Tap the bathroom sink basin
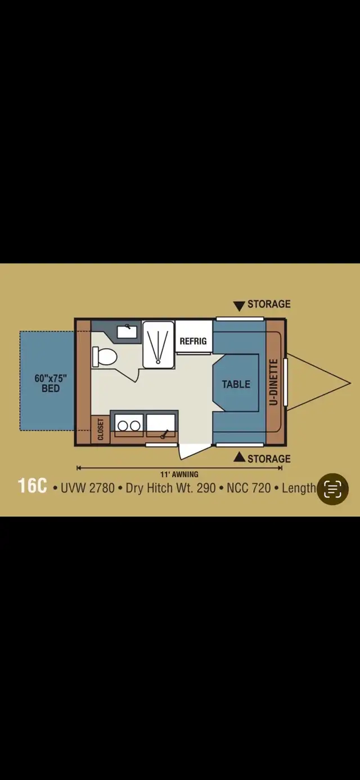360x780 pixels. coord(127,331)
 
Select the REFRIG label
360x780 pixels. coord(193,341)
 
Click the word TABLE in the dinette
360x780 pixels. coord(236,384)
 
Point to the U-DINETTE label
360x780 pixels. coord(274,382)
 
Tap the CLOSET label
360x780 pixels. coord(101,429)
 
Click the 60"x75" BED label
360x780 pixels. coord(51,383)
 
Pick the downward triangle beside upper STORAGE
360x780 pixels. coord(239,306)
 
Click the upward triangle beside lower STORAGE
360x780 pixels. coord(239,456)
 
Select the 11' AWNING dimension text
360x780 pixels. coord(179,474)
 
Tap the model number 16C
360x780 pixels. coord(32,486)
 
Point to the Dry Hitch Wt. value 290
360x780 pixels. coord(206,488)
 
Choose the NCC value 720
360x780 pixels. coord(261,488)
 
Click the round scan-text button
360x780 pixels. coord(332,489)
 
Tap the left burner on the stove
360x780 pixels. coord(123,425)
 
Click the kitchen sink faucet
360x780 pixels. coord(164,434)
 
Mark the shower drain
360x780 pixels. coord(159,362)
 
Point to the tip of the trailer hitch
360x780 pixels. coord(350,383)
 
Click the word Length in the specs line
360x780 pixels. coord(299,488)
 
